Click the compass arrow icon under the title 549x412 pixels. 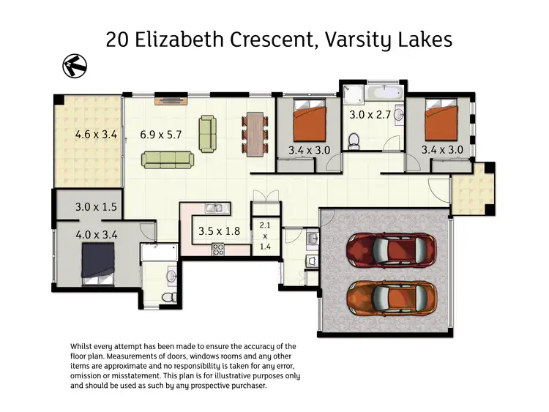pos(74,65)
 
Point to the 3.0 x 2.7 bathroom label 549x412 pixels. pos(370,115)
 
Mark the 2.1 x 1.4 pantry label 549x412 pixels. pos(264,237)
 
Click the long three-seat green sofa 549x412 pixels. pos(168,159)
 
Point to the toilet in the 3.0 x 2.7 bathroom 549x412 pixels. pos(354,138)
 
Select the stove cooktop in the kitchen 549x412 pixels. pos(218,249)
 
